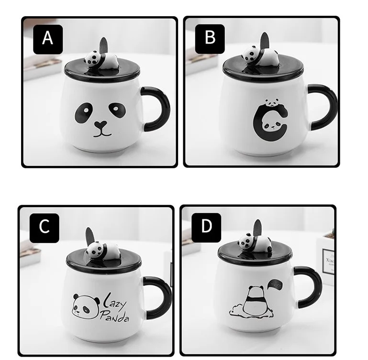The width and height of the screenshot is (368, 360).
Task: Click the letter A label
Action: (x=47, y=37)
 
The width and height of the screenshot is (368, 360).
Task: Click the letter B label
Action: (x=210, y=37)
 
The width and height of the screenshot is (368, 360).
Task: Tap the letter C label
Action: (x=44, y=226)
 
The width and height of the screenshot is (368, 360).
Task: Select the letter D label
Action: (x=206, y=226)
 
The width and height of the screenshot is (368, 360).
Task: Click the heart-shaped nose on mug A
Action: (x=100, y=126)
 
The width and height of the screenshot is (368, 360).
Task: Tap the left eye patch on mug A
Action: (x=82, y=112)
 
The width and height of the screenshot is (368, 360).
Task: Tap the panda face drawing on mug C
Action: (x=85, y=306)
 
